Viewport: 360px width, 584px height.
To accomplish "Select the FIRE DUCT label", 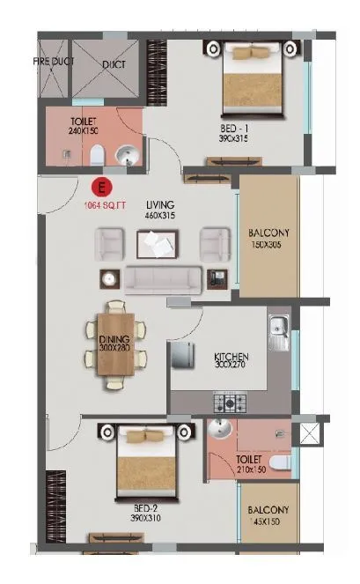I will coord(54,62).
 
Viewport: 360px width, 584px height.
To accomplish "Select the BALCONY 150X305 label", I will coord(269,240).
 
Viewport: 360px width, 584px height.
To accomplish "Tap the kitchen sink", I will coord(279,333).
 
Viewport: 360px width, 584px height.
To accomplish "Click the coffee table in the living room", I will coord(158,242).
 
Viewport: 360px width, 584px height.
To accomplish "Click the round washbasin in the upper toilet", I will coord(129,157).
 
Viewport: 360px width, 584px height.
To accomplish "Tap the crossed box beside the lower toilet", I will coord(309,433).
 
